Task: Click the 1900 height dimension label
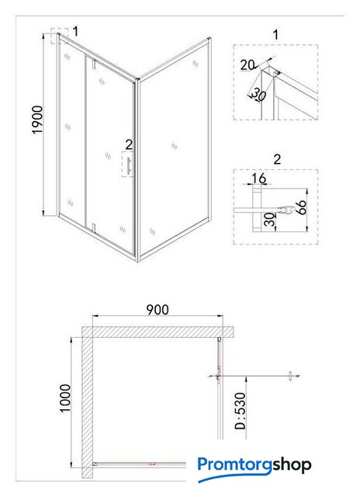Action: pos(38,120)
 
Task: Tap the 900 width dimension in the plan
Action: pos(157,310)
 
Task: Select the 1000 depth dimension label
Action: pos(65,398)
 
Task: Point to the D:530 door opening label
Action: pos(240,411)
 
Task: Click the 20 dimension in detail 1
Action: pos(247,65)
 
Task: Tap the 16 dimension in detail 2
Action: pos(258,179)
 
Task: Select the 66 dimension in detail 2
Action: pos(302,207)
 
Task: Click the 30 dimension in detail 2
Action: pos(269,220)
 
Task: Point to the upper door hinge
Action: pos(94,64)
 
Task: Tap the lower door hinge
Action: pos(94,228)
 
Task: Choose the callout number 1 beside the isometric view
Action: pos(75,31)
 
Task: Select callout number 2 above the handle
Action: pos(129,144)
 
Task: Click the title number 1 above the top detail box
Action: pos(275,35)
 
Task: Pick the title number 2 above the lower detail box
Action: pos(277,159)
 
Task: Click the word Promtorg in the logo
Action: pos(234,465)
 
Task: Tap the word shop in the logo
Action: pos(291,465)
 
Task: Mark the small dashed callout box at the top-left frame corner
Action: pos(59,36)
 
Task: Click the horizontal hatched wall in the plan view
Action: pos(157,332)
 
